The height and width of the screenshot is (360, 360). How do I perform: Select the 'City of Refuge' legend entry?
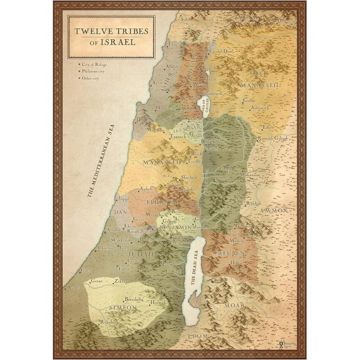[95, 65]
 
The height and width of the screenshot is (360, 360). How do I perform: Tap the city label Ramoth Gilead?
[274, 138]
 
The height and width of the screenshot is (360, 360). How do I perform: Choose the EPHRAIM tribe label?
[162, 201]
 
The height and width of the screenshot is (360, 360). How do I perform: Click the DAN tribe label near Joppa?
[121, 212]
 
